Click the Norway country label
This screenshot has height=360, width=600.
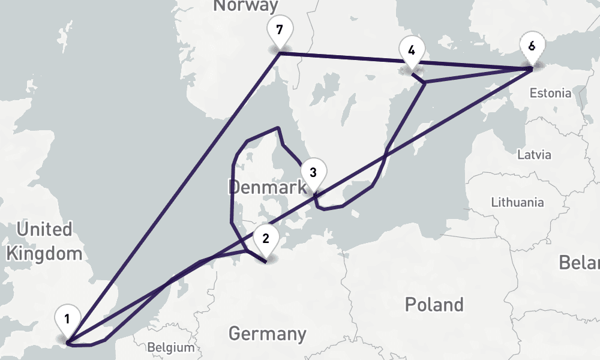tap(246, 6)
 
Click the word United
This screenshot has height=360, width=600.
tap(44, 229)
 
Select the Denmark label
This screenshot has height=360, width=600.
tap(268, 188)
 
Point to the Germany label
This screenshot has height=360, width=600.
tap(267, 333)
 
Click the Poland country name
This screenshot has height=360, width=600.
tap(434, 304)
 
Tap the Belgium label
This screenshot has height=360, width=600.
tap(171, 347)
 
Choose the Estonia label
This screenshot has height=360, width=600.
tap(550, 94)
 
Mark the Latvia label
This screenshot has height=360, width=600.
tap(534, 155)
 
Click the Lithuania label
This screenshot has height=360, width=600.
tap(517, 202)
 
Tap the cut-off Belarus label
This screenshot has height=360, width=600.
tap(580, 262)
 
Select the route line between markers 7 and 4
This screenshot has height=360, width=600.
tap(342, 58)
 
